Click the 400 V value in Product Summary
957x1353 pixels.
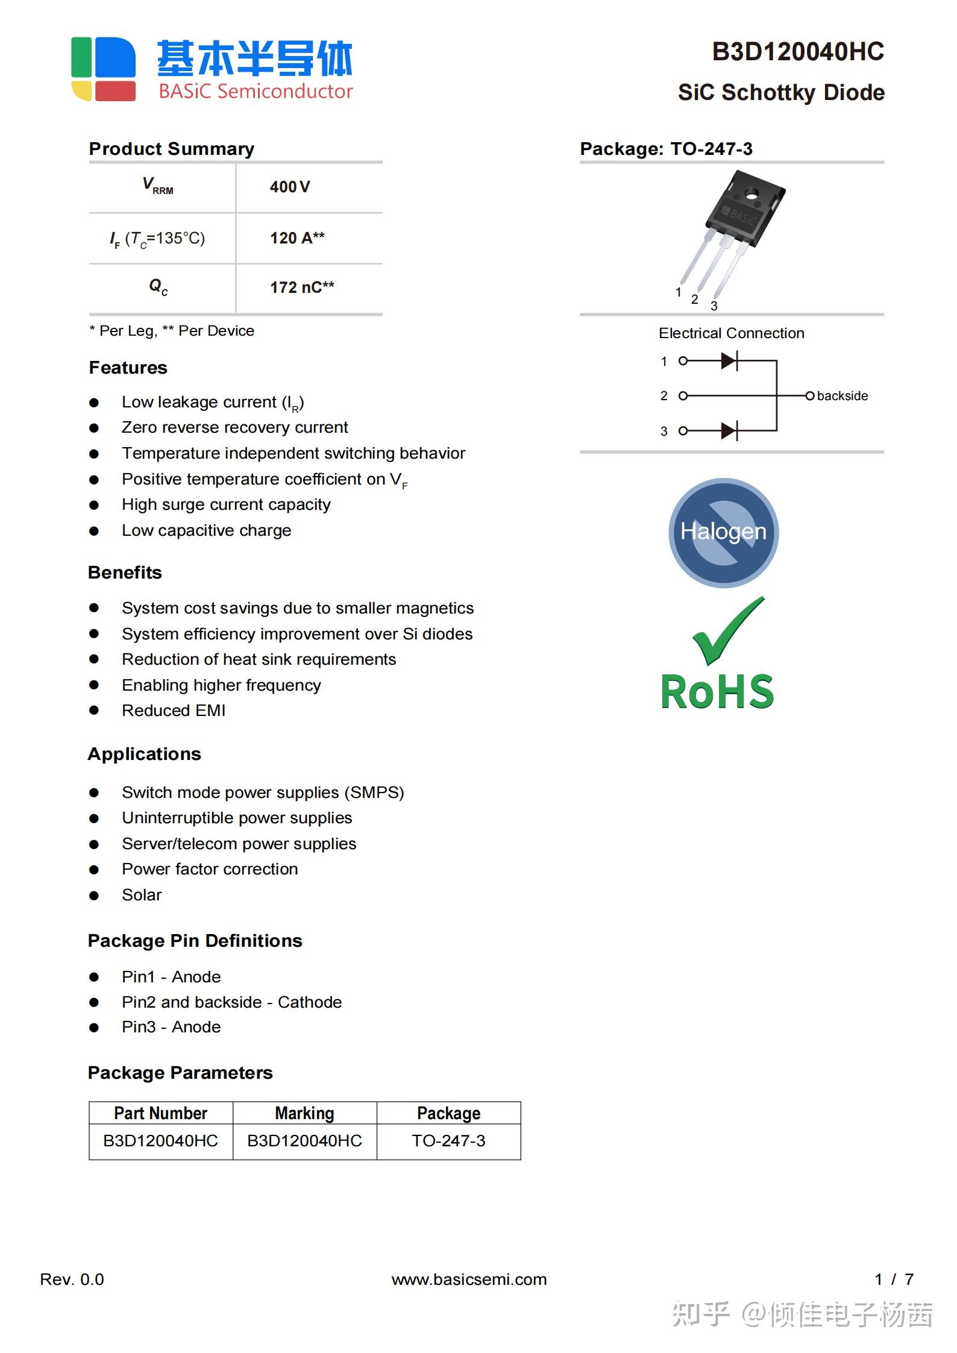click(x=290, y=187)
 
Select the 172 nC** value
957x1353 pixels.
click(x=301, y=287)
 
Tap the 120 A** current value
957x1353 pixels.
click(x=297, y=238)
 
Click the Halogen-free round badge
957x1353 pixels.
click(x=723, y=532)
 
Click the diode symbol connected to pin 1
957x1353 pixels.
click(x=729, y=361)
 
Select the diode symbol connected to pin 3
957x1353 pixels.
click(x=729, y=431)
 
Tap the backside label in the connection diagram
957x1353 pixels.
click(x=842, y=396)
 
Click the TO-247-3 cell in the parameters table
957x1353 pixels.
click(x=448, y=1141)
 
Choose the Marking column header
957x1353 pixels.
click(x=304, y=1113)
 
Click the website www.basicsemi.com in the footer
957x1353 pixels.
click(x=469, y=1279)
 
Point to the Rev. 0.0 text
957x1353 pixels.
click(x=72, y=1279)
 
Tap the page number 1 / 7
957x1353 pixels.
click(x=894, y=1279)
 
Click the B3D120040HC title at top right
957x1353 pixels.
click(x=798, y=52)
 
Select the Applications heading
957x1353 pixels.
click(x=145, y=754)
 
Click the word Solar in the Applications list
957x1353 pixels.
click(x=142, y=895)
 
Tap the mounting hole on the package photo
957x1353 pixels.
click(x=751, y=193)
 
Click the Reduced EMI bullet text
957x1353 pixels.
click(x=174, y=711)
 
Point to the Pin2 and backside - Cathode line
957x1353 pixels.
click(x=231, y=1002)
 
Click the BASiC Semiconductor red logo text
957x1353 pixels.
click(x=256, y=92)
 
